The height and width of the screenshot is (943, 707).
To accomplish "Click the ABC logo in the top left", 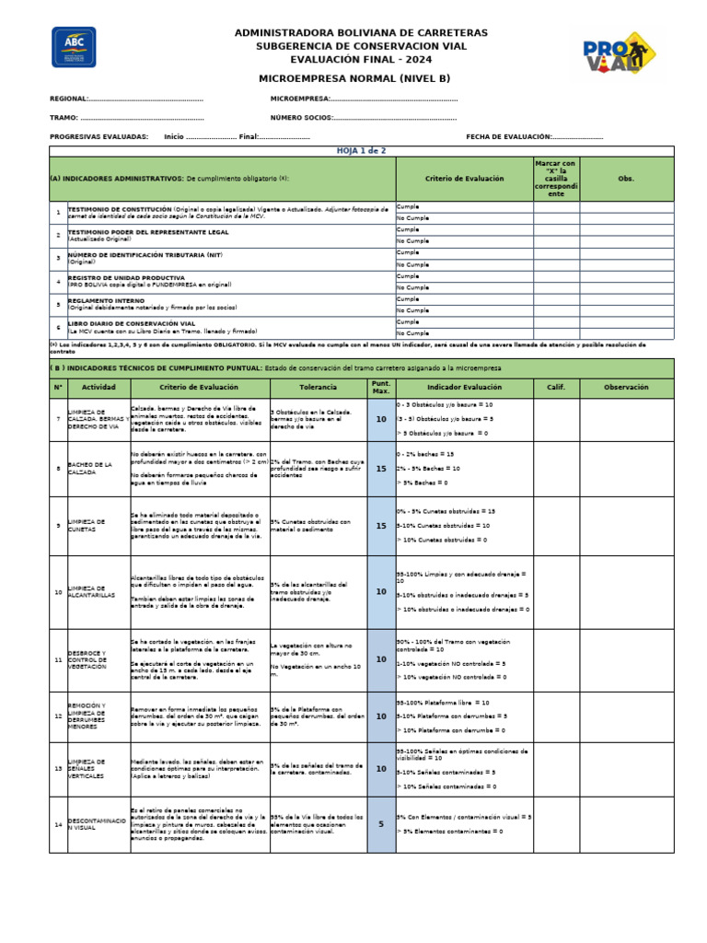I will coord(74,47).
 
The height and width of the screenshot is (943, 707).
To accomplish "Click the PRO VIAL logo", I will coord(618,57).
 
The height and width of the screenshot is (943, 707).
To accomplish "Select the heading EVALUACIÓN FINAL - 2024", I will coord(361,59).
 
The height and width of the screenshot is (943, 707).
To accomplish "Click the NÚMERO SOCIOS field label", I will coord(300,118).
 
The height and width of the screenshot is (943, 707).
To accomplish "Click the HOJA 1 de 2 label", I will coord(361,150).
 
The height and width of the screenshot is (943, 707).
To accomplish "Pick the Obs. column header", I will coord(626,178).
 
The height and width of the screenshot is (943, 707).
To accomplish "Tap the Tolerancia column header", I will coord(318,387).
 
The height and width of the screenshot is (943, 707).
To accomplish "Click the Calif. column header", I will coord(556,387).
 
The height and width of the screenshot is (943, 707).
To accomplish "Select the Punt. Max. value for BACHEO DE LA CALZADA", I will coord(381,469).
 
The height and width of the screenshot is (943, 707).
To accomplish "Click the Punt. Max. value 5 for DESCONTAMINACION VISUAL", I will coord(381,824).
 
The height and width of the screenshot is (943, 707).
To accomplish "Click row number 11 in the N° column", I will coord(58,660).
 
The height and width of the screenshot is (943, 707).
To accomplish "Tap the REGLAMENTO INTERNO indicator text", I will coord(106,300).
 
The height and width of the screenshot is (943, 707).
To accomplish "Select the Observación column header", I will coord(626,387).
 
